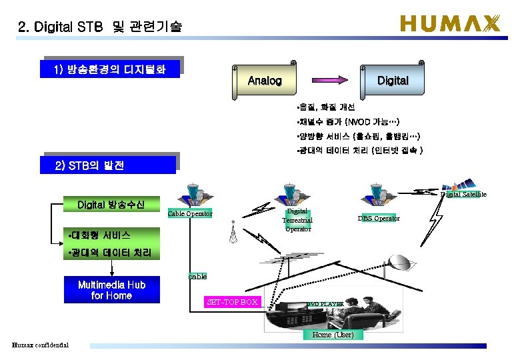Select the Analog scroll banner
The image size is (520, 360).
pyautogui.click(x=265, y=81)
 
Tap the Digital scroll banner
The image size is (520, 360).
pyautogui.click(x=393, y=81)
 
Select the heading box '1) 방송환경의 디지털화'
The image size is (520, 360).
pyautogui.click(x=111, y=69)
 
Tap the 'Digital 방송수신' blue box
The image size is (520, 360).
pyautogui.click(x=110, y=204)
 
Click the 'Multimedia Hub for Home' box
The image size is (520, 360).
pyautogui.click(x=111, y=290)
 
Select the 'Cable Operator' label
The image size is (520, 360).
pyautogui.click(x=190, y=214)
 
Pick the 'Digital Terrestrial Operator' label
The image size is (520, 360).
pyautogui.click(x=297, y=220)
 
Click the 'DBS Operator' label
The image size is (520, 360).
pyautogui.click(x=379, y=218)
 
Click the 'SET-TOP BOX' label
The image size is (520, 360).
pyautogui.click(x=232, y=302)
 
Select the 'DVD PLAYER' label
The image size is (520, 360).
pyautogui.click(x=325, y=304)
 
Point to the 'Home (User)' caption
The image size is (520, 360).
pyautogui.click(x=333, y=334)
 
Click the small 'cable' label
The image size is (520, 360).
pyautogui.click(x=197, y=276)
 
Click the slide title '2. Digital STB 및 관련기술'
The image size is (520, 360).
pyautogui.click(x=100, y=27)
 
